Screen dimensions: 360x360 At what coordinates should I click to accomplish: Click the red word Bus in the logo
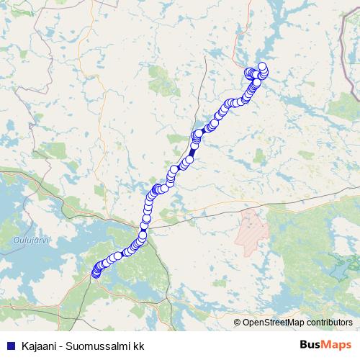[310, 345]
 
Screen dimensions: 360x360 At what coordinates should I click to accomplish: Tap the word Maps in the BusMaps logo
[337, 345]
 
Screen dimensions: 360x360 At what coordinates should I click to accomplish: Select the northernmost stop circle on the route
[262, 66]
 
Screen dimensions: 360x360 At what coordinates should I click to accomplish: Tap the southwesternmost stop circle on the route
[96, 273]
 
